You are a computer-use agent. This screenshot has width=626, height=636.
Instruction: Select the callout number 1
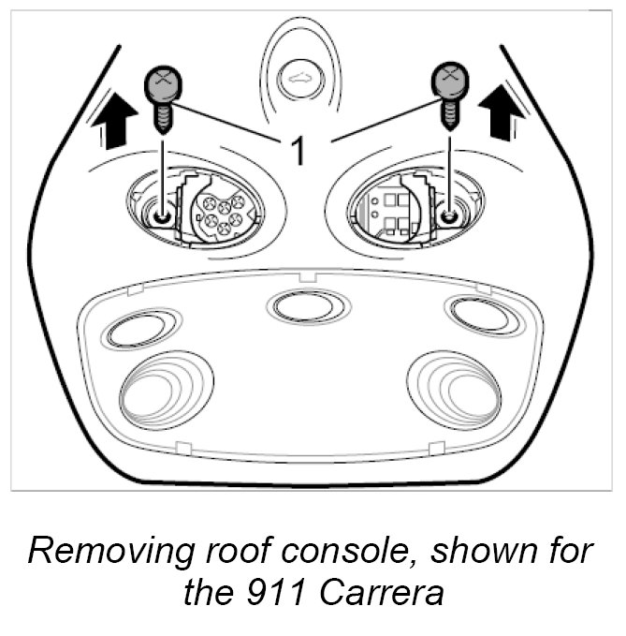point(298,150)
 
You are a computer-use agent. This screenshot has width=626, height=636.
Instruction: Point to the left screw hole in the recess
point(163,217)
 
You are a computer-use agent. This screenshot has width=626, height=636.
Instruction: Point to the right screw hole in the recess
point(449,216)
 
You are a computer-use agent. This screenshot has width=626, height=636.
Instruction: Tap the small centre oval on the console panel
point(308,304)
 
